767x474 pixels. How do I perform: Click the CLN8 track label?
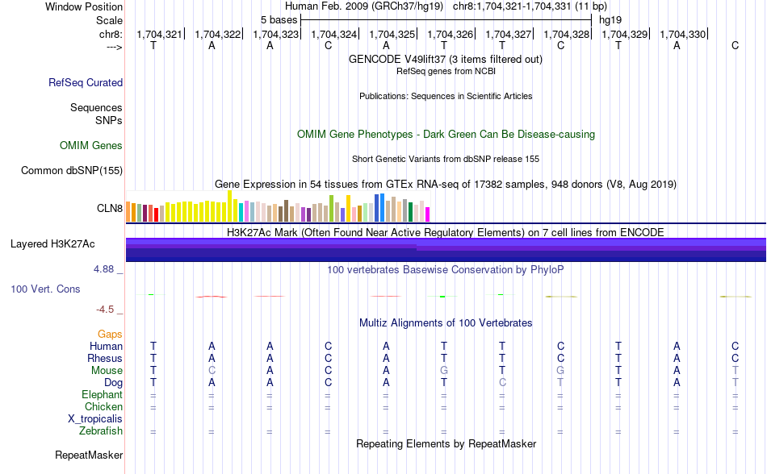pyautogui.click(x=110, y=209)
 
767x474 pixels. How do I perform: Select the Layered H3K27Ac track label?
pyautogui.click(x=52, y=243)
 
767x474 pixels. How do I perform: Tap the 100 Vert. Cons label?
pyautogui.click(x=45, y=289)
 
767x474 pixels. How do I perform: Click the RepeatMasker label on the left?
pyautogui.click(x=89, y=455)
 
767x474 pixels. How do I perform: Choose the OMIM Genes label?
pyautogui.click(x=91, y=146)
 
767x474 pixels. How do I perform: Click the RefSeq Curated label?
pyautogui.click(x=86, y=82)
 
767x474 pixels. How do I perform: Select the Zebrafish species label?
pyautogui.click(x=101, y=431)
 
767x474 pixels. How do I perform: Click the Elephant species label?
pyautogui.click(x=102, y=395)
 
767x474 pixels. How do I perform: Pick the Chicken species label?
pyautogui.click(x=103, y=407)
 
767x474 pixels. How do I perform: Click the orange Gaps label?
pyautogui.click(x=110, y=334)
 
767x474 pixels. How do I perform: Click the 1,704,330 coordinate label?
pyautogui.click(x=683, y=35)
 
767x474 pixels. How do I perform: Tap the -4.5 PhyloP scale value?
pyautogui.click(x=108, y=309)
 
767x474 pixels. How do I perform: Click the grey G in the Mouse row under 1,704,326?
pyautogui.click(x=444, y=370)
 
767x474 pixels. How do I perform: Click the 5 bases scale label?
pyautogui.click(x=279, y=19)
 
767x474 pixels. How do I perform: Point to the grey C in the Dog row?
pyautogui.click(x=502, y=382)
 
